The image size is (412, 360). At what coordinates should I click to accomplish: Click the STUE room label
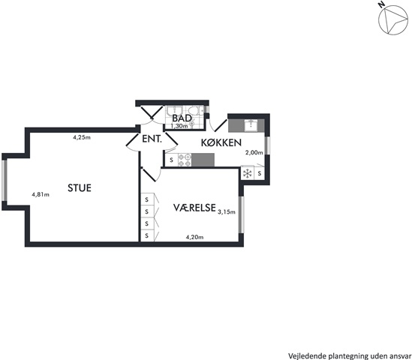(80, 187)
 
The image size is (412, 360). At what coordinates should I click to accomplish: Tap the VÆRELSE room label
(194, 208)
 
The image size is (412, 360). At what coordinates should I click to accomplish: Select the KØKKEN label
(221, 142)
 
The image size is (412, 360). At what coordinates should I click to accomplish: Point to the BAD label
(182, 118)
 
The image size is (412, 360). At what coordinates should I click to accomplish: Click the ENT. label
(152, 139)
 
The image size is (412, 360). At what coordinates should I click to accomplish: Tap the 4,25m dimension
(82, 137)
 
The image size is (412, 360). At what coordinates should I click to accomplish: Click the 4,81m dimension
(41, 194)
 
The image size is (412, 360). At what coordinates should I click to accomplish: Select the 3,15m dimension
(227, 212)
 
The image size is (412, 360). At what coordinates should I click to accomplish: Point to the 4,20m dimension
(194, 237)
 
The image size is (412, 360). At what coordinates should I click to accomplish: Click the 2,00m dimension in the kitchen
(254, 152)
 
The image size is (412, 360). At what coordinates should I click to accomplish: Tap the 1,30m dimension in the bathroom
(179, 126)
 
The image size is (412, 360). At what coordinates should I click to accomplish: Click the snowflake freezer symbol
(248, 173)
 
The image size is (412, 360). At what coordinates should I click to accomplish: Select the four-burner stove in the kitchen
(185, 160)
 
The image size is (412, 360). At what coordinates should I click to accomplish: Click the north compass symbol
(393, 20)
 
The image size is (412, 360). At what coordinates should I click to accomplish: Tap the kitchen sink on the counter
(251, 125)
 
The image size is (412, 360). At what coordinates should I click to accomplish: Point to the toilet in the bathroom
(195, 110)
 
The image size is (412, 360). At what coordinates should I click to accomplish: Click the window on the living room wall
(5, 180)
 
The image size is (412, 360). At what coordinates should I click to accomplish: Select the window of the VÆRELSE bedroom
(242, 214)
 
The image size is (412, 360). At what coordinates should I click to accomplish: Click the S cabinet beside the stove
(172, 160)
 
